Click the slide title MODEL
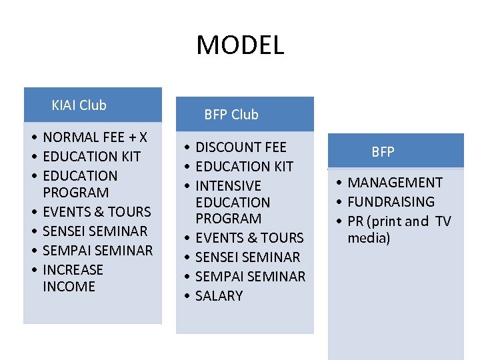[x=240, y=45]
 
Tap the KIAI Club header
[x=79, y=105]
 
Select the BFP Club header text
[x=231, y=115]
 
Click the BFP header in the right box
[x=383, y=152]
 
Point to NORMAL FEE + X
[x=95, y=137]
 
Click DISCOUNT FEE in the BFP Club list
[x=241, y=147]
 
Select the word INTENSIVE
[x=228, y=186]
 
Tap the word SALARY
[x=219, y=296]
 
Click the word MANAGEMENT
[x=395, y=183]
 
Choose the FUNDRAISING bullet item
[x=391, y=202]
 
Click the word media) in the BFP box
[x=369, y=238]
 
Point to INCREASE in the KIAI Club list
[x=73, y=270]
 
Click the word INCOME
[x=69, y=287]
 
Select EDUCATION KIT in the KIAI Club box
[x=91, y=157]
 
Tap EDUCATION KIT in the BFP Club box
[x=244, y=167]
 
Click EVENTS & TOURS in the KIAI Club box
[x=97, y=212]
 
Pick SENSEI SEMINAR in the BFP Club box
[x=247, y=257]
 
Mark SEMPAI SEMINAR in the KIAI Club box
[x=97, y=251]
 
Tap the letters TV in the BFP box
[x=443, y=221]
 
